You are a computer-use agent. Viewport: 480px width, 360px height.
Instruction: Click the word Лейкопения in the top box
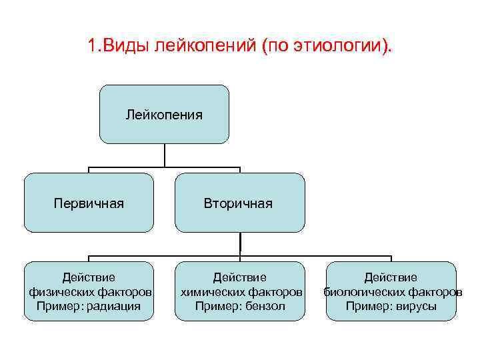coord(164,115)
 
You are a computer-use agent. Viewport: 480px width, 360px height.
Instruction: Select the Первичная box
coord(89,203)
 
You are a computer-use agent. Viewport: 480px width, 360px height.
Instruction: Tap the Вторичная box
coord(239,203)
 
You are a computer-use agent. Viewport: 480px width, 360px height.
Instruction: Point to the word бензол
coord(265,306)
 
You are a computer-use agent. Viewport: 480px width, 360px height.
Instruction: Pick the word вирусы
coord(418,306)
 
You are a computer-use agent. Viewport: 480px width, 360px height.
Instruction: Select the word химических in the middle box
coord(211,292)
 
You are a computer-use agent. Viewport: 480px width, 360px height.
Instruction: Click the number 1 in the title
coord(91,47)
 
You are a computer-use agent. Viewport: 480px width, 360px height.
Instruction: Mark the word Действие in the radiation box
coord(89,277)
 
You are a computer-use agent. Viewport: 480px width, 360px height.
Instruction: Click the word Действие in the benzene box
coord(239,277)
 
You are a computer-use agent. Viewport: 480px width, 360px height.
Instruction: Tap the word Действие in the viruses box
coord(391,277)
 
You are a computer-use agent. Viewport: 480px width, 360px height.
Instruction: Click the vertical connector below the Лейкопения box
coord(164,155)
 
